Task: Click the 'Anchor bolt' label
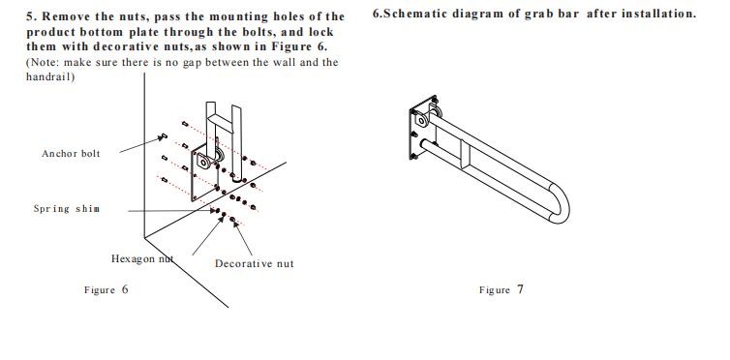click(71, 154)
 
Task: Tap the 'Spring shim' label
click(67, 208)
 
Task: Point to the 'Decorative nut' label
click(255, 264)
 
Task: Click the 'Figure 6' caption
click(106, 289)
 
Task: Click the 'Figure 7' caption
click(502, 289)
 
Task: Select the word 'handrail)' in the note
click(50, 76)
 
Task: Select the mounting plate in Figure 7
click(423, 128)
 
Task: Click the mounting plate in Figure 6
click(205, 172)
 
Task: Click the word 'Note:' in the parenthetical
click(45, 62)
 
